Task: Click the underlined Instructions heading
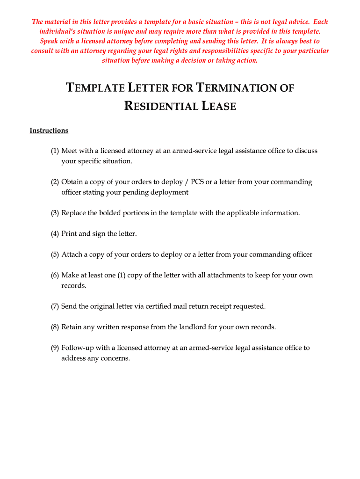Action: [49, 131]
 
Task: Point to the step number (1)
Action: [55, 151]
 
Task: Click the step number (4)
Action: [55, 233]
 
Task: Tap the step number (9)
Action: [55, 348]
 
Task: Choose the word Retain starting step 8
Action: [72, 327]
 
